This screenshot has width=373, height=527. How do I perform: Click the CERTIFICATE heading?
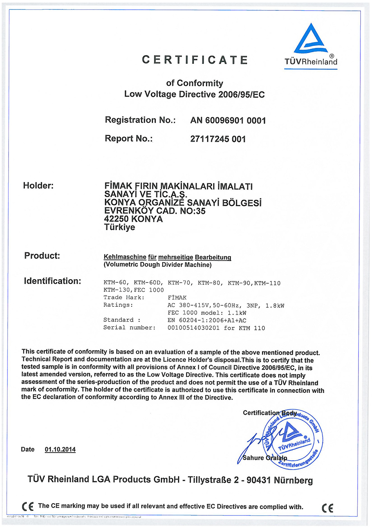click(195, 60)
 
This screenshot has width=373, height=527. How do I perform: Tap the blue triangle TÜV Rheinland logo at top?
click(311, 39)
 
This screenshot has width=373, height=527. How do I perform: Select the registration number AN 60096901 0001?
click(228, 121)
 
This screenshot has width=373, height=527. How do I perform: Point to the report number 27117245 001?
click(218, 139)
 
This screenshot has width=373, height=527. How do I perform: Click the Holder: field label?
click(38, 186)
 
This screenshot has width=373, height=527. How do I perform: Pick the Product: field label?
click(42, 256)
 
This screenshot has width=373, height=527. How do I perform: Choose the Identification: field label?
click(52, 281)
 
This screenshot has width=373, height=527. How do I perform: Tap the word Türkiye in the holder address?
click(119, 227)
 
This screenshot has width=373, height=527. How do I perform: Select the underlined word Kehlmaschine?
click(125, 257)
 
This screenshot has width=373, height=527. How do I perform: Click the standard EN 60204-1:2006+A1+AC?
click(207, 321)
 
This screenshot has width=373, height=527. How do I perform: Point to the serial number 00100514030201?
click(193, 328)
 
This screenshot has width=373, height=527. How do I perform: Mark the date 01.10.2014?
click(60, 449)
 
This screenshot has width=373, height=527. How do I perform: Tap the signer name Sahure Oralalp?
click(264, 458)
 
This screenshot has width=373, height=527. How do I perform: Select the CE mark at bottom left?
click(28, 507)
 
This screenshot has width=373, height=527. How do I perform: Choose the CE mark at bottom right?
click(327, 508)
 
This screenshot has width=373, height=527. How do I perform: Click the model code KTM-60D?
click(148, 283)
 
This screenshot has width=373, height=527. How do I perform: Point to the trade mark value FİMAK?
click(177, 298)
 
